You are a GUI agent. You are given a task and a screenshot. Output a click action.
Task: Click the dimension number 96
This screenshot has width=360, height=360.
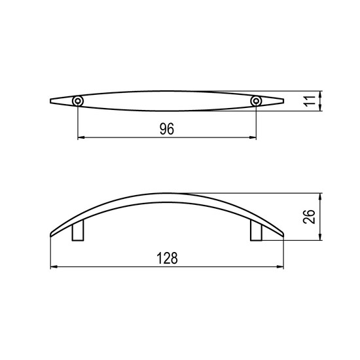(167, 129)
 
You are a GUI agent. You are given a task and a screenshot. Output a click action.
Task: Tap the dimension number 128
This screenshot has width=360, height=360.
(167, 258)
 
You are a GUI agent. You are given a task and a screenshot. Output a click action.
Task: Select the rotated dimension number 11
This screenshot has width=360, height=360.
(310, 101)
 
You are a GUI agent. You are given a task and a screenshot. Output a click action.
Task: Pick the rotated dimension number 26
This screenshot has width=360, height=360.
(309, 217)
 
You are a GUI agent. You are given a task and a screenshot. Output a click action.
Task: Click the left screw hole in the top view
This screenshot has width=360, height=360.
(78, 101)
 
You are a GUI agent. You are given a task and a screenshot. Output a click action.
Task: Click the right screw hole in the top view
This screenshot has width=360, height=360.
(256, 101)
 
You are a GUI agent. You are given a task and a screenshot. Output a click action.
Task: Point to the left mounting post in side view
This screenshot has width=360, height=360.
(78, 230)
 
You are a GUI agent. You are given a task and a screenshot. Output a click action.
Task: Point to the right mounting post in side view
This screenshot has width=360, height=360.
(256, 230)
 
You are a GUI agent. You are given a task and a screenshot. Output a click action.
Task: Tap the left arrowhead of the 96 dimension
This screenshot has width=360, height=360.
(81, 137)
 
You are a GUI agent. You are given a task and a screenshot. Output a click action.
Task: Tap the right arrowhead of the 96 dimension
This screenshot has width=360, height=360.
(253, 137)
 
